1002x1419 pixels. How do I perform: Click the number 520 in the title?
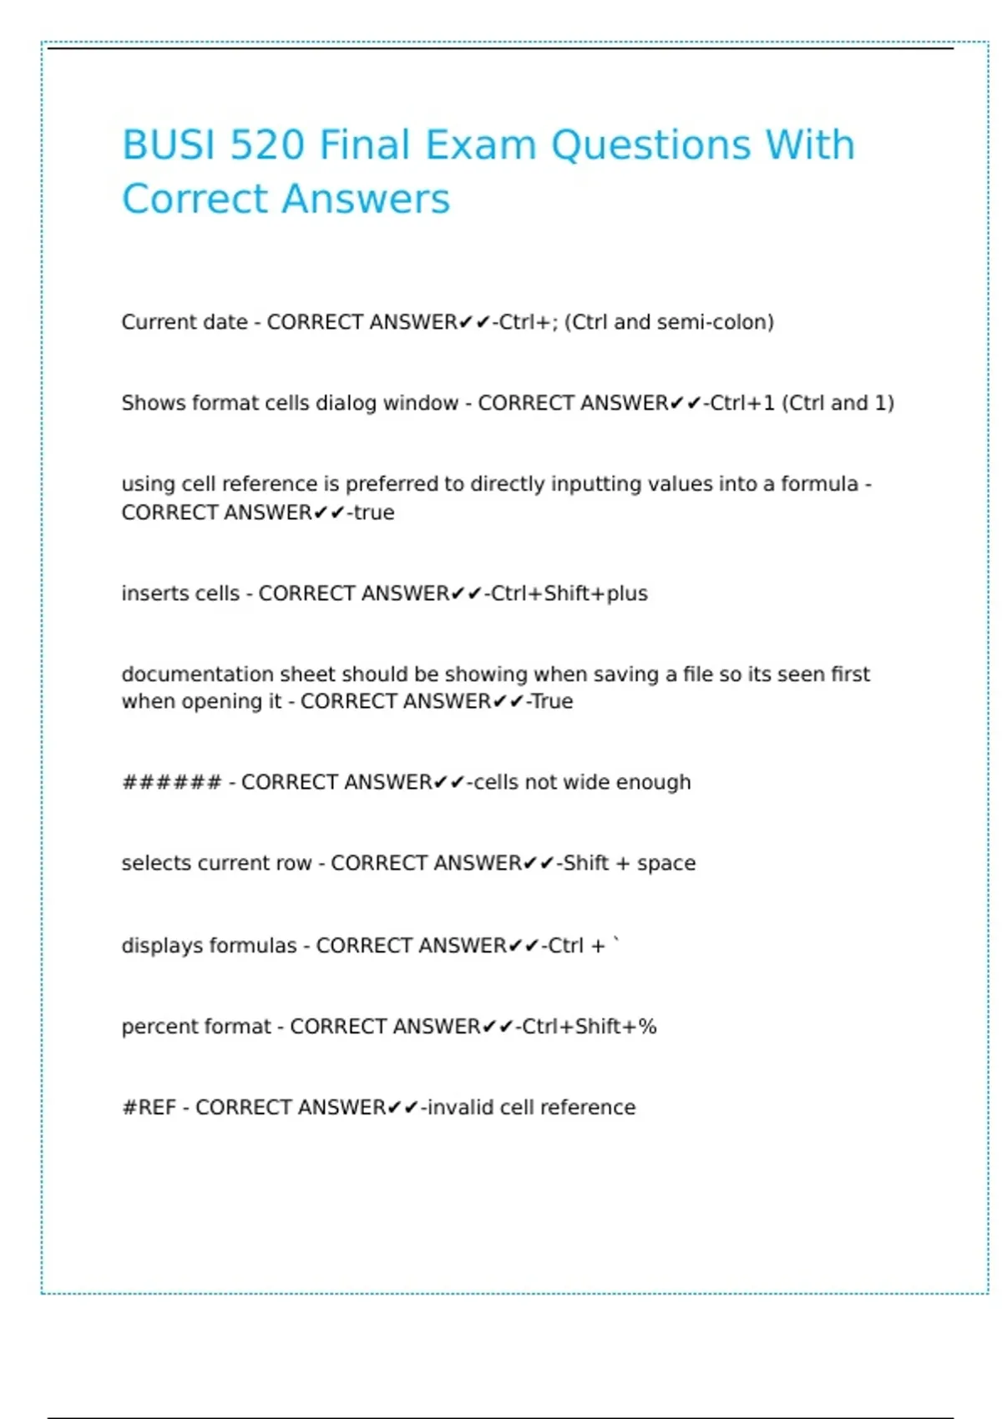(266, 145)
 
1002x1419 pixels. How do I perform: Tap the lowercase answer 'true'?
(373, 513)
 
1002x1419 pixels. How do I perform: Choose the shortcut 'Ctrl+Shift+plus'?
(569, 593)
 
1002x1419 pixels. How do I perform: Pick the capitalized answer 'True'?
(552, 701)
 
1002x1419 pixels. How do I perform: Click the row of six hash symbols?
(172, 783)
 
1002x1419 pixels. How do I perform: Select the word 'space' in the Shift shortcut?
(665, 863)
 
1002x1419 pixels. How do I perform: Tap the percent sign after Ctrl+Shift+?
(648, 1027)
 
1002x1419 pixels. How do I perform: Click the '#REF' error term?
(149, 1108)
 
